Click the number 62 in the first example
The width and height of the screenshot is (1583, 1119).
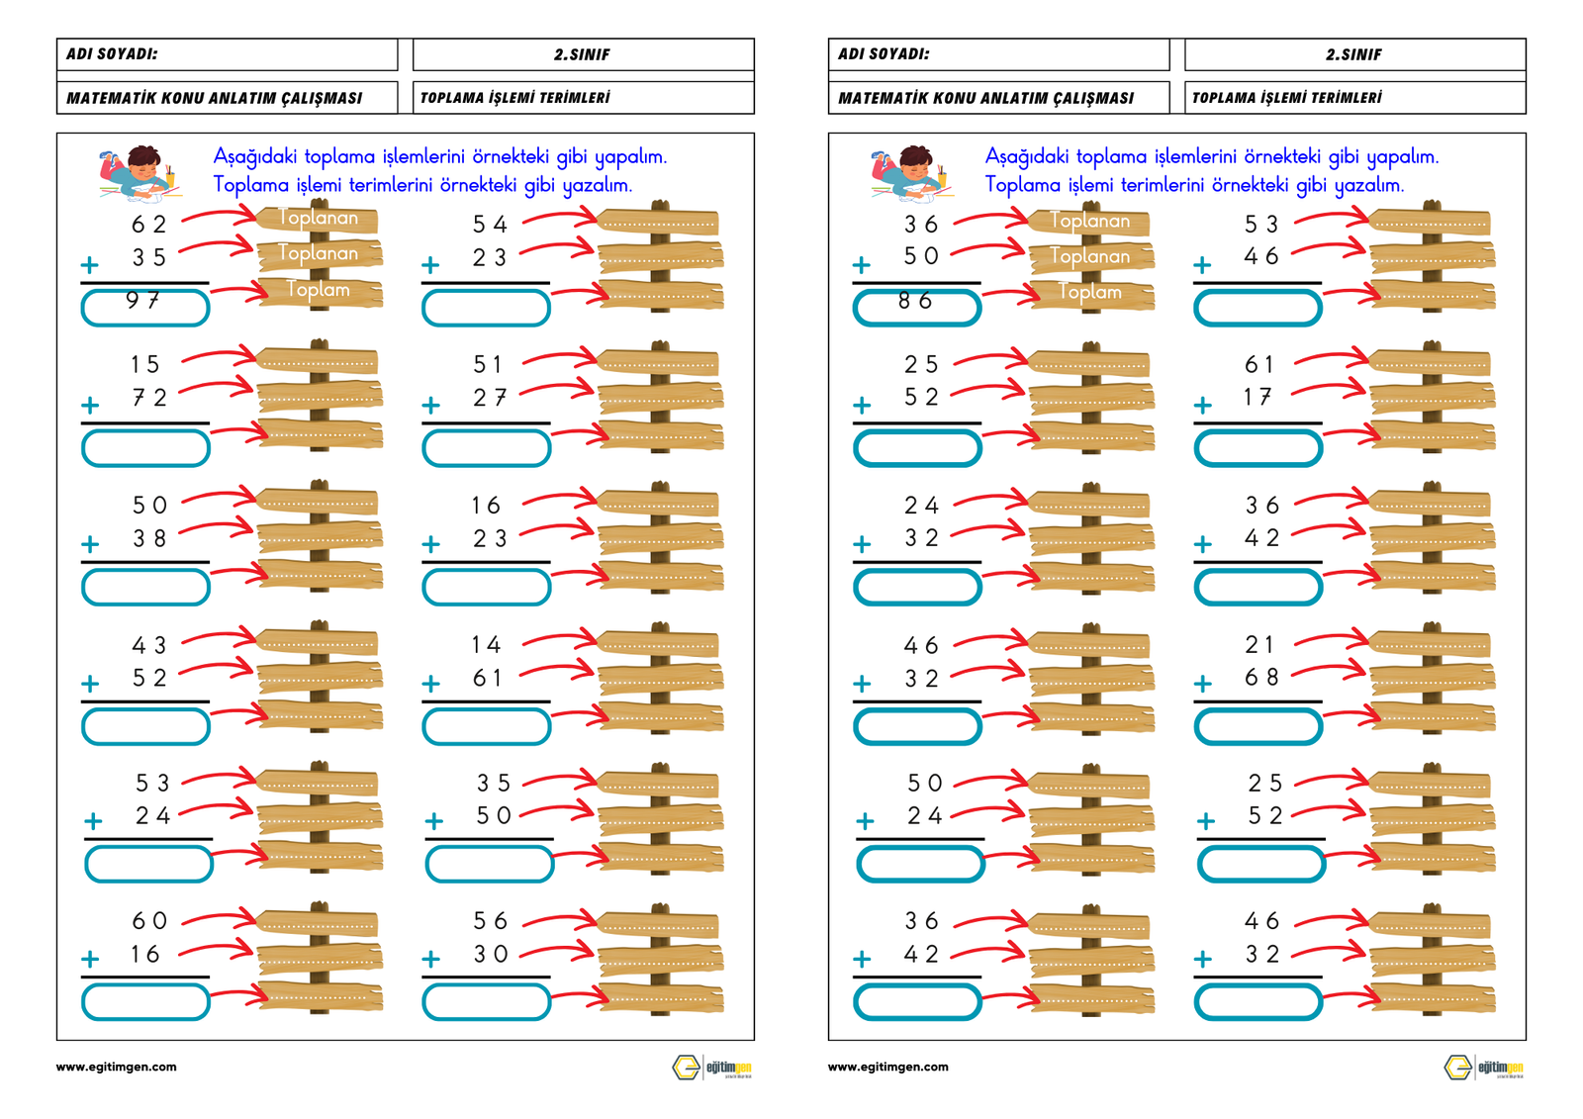click(x=149, y=225)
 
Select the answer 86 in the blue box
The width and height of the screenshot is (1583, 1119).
click(x=915, y=301)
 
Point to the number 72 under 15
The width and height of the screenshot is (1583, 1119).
click(x=149, y=398)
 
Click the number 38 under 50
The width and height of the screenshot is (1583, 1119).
click(x=149, y=538)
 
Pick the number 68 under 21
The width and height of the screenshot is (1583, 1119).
click(x=1261, y=678)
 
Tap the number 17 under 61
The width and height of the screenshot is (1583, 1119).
click(x=1257, y=398)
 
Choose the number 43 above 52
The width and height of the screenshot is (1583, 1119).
click(x=149, y=645)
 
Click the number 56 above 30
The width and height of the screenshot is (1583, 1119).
click(x=490, y=921)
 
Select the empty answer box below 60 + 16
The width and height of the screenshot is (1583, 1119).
click(x=145, y=1002)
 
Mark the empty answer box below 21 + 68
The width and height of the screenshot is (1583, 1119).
click(x=1257, y=727)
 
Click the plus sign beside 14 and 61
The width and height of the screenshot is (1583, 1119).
click(x=430, y=684)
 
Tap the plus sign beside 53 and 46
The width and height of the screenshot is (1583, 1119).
click(x=1202, y=265)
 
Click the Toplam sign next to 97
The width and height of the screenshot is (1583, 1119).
click(x=319, y=290)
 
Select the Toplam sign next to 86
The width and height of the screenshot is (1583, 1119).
click(x=1090, y=292)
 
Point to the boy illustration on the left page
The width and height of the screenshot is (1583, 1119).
click(x=139, y=172)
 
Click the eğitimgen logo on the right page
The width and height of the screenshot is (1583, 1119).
click(x=1482, y=1068)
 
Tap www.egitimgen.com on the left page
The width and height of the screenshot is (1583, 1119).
click(x=117, y=1067)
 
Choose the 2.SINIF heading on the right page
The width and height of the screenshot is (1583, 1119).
click(x=1353, y=55)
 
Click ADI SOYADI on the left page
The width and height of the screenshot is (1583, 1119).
click(x=112, y=54)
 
